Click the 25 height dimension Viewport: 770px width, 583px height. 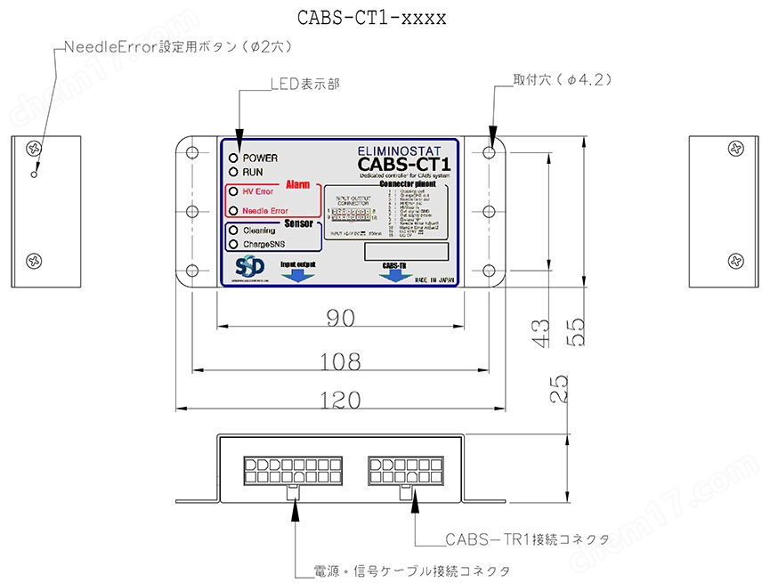pyautogui.click(x=558, y=390)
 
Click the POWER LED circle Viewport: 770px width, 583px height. pyautogui.click(x=233, y=158)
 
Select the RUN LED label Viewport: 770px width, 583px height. pyautogui.click(x=254, y=172)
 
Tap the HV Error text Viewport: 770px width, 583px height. pyautogui.click(x=257, y=192)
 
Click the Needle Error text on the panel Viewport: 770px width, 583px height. pyautogui.click(x=265, y=211)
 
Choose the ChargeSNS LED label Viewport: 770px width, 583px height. pyautogui.click(x=263, y=243)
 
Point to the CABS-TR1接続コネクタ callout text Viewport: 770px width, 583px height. pyautogui.click(x=515, y=539)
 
